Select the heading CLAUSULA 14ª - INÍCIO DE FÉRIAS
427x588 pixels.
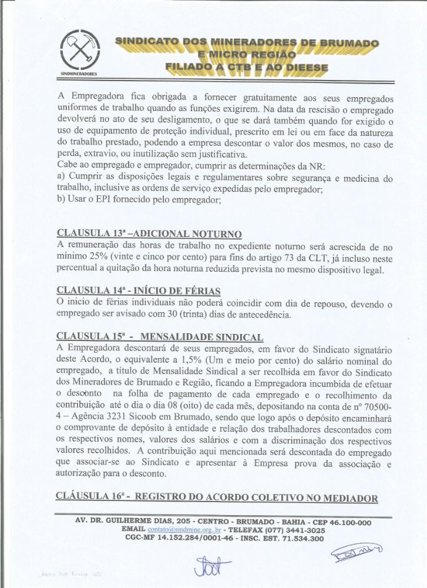pos(139,290)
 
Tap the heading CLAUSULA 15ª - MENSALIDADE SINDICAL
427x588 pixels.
pos(160,336)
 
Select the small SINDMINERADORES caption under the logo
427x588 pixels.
pos(79,75)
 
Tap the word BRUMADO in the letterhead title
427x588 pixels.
pos(348,43)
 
